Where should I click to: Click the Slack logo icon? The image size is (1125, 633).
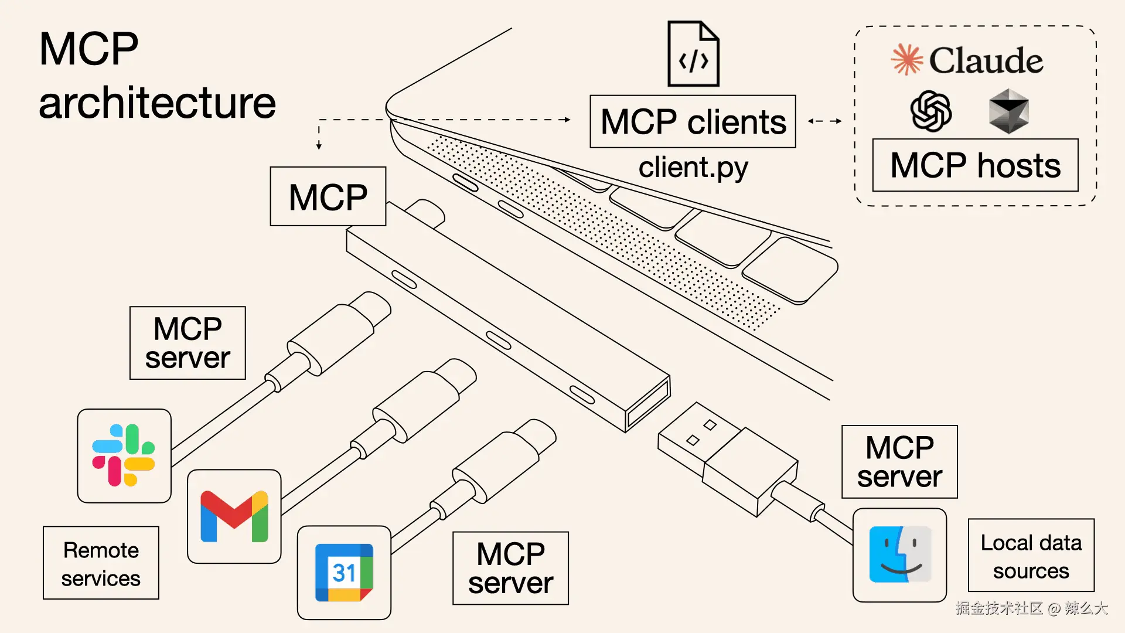coord(124,455)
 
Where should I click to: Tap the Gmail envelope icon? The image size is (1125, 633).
coord(234,516)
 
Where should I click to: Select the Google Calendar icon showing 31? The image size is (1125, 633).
coord(344,573)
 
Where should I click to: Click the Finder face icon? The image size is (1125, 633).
coord(899,554)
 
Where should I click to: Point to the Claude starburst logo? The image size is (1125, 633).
coord(906,60)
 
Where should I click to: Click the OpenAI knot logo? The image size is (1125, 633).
coord(930,111)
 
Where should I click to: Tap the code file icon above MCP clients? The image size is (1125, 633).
coord(693,54)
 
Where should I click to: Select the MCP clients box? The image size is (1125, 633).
coord(693,122)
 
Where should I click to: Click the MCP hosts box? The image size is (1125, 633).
coord(975,165)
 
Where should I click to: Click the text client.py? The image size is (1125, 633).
coord(693,168)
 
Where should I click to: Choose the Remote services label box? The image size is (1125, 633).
coord(101,563)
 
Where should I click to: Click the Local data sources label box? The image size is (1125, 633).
coord(1031,556)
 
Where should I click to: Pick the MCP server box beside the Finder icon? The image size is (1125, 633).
coord(899,462)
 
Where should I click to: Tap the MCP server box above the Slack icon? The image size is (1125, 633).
coord(187,343)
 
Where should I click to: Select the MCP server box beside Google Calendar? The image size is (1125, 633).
coord(510,568)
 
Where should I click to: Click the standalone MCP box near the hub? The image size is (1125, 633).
coord(328,196)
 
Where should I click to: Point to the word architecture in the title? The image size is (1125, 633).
coord(157,103)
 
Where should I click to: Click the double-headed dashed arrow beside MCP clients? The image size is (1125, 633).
coord(824,121)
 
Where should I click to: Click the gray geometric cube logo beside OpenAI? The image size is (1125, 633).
coord(1008,111)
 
